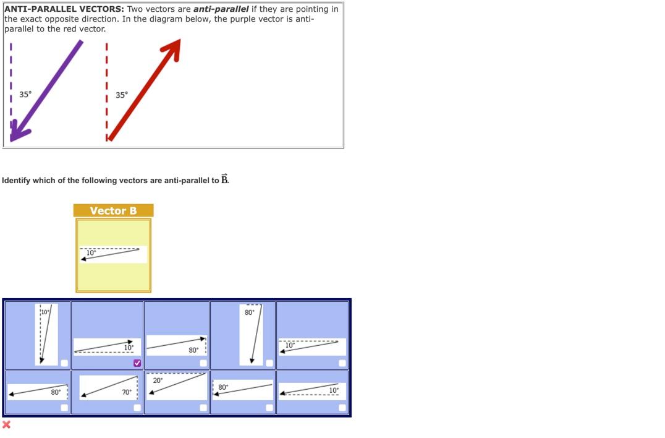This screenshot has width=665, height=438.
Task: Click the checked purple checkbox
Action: [x=137, y=363]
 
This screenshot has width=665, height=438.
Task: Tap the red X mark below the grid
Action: [x=6, y=424]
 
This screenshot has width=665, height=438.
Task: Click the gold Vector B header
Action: [x=113, y=211]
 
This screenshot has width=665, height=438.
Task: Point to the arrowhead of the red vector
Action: [x=175, y=46]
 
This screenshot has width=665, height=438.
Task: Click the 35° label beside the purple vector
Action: [x=25, y=95]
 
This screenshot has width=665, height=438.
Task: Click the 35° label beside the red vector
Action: [x=122, y=95]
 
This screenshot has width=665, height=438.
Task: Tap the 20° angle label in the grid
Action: [x=158, y=380]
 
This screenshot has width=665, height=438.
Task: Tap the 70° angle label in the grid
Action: [x=126, y=392]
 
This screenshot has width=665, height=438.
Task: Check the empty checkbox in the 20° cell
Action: [x=203, y=408]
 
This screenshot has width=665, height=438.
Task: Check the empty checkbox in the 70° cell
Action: [x=137, y=408]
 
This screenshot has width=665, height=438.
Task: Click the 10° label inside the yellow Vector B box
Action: [x=91, y=253]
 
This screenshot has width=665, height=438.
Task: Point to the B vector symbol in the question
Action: [x=224, y=179]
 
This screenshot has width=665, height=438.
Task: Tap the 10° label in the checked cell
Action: [x=129, y=348]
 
